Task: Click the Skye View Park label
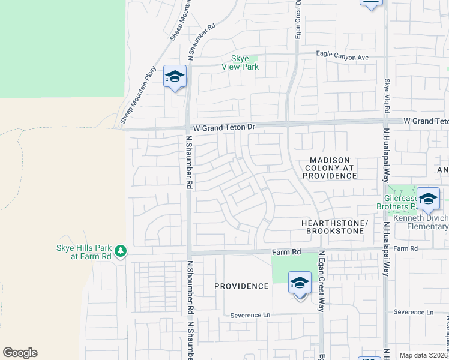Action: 245,62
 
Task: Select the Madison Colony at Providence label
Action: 330,168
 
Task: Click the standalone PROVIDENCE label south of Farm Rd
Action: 241,286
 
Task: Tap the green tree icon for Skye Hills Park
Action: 121,250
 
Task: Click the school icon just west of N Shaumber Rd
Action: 175,77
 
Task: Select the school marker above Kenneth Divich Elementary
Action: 428,199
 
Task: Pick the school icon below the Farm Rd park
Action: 300,283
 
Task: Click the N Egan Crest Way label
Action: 321,281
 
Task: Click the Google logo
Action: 20,353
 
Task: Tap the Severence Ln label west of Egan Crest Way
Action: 250,315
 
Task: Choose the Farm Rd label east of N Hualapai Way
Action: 406,248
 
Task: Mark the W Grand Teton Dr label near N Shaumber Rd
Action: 220,128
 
